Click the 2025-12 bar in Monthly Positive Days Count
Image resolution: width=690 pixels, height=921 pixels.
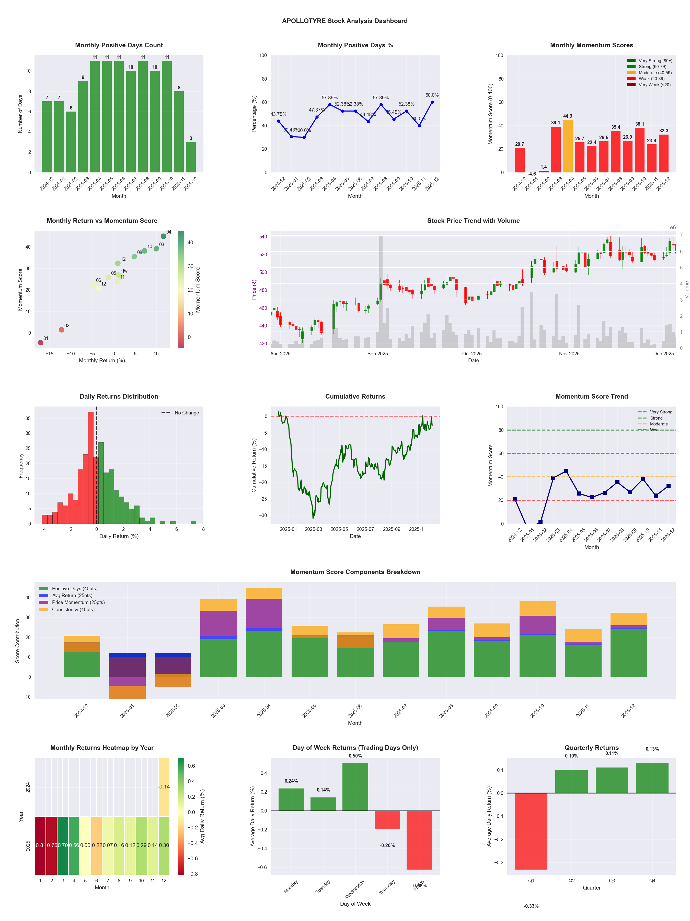point(191,157)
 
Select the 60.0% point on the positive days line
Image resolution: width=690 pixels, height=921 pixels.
point(432,102)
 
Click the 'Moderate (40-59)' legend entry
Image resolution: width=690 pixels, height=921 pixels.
point(655,73)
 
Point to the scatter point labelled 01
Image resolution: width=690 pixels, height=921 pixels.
point(40,343)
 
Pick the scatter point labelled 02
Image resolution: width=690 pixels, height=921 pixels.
point(62,330)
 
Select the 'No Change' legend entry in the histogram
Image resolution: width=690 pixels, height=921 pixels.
point(186,413)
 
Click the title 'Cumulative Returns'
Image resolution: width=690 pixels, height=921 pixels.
point(355,396)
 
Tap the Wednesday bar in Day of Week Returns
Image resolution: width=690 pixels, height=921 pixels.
point(355,787)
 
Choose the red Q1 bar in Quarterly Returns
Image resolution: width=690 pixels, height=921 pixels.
point(531,831)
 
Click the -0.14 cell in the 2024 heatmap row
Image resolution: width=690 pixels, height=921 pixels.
point(164,787)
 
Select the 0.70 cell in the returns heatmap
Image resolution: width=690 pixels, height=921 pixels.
point(63,845)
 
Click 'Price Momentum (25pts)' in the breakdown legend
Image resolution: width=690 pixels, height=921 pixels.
point(78,602)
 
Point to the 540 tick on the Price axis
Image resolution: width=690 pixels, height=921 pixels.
point(263,236)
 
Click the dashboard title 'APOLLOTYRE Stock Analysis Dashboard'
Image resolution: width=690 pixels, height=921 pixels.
point(345,21)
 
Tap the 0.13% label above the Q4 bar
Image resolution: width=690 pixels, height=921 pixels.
point(652,749)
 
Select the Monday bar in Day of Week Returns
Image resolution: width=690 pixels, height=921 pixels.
point(291,799)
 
